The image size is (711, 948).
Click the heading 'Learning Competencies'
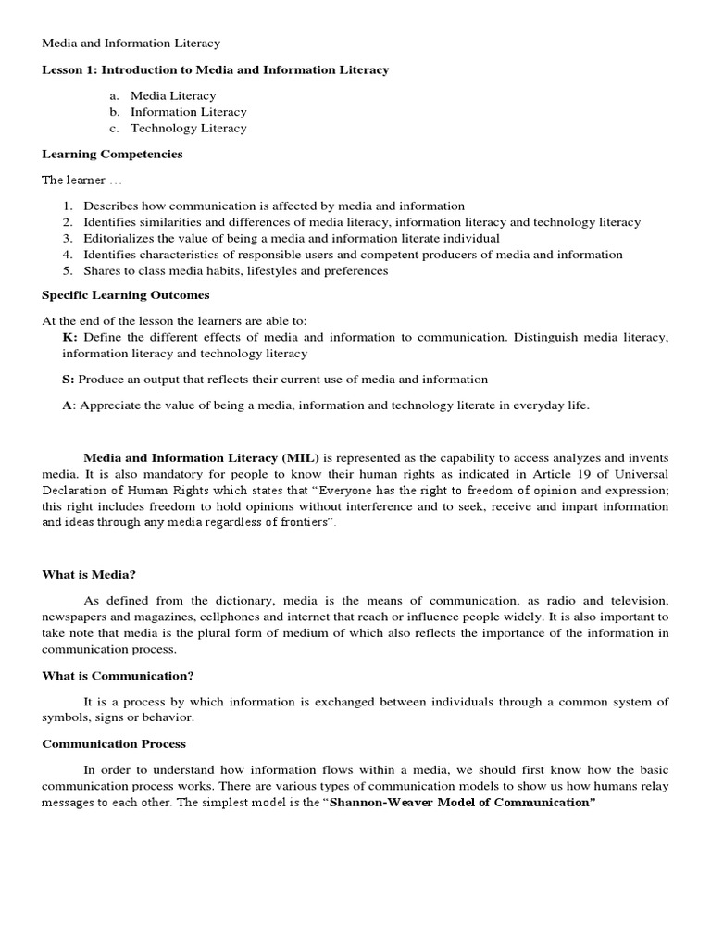(112, 154)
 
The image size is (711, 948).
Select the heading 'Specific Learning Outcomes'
(126, 294)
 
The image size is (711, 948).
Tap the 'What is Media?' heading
(89, 574)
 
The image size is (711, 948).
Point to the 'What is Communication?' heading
(118, 675)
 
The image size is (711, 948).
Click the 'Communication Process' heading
(114, 743)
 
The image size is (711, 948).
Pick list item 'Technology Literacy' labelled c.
(188, 129)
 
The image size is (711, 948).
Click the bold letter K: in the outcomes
(70, 337)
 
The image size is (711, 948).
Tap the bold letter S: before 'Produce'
(69, 379)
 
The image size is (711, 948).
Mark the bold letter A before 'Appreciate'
(68, 405)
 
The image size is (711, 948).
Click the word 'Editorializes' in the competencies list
(118, 238)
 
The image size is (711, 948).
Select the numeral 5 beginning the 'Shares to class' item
(68, 271)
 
